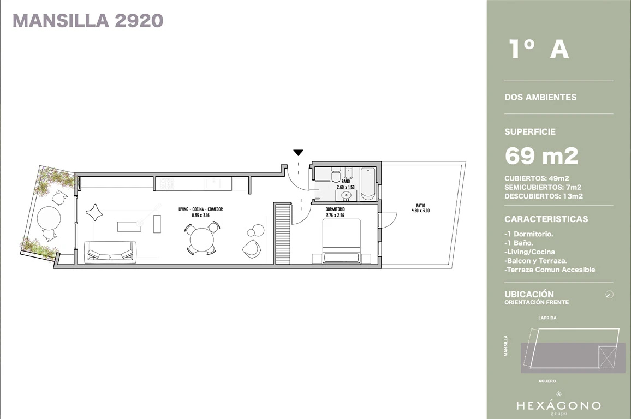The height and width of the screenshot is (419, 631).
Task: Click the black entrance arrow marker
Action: [x=298, y=152]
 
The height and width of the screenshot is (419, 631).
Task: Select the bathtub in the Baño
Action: [x=368, y=184]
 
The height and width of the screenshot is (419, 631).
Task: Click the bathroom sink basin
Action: [x=346, y=195]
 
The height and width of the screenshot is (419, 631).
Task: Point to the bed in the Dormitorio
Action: [x=341, y=241]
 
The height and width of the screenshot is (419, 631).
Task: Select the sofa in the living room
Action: [x=110, y=252]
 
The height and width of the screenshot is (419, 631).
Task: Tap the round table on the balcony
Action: [x=49, y=218]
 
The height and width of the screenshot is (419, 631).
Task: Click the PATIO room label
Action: [x=420, y=206]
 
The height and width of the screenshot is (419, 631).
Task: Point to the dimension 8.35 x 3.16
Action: [x=201, y=215]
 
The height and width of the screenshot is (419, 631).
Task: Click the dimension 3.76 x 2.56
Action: [x=335, y=215]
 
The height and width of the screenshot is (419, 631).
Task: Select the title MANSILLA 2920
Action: [x=88, y=21]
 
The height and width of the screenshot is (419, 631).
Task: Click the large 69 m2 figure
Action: [x=541, y=155]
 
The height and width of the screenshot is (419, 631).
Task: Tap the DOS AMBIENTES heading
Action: [x=540, y=97]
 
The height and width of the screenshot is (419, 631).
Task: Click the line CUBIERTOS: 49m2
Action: [x=537, y=178]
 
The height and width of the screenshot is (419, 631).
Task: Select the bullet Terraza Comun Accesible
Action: [x=550, y=270]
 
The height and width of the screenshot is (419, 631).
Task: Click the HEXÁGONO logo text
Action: [x=558, y=406]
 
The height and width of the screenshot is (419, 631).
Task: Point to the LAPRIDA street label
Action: [x=547, y=318]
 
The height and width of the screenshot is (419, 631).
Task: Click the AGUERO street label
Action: [x=547, y=381]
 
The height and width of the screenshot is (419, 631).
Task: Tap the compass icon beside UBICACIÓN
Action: [x=609, y=295]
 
